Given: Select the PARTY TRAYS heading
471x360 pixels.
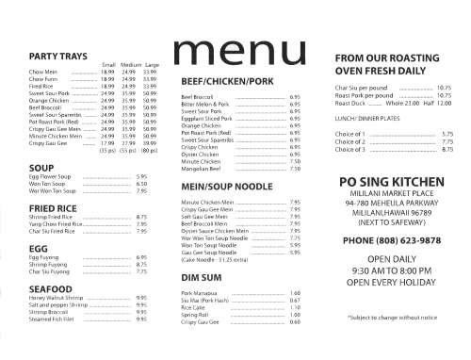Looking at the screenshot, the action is click(x=53, y=56).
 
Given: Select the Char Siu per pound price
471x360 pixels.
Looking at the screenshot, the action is click(x=445, y=88).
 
